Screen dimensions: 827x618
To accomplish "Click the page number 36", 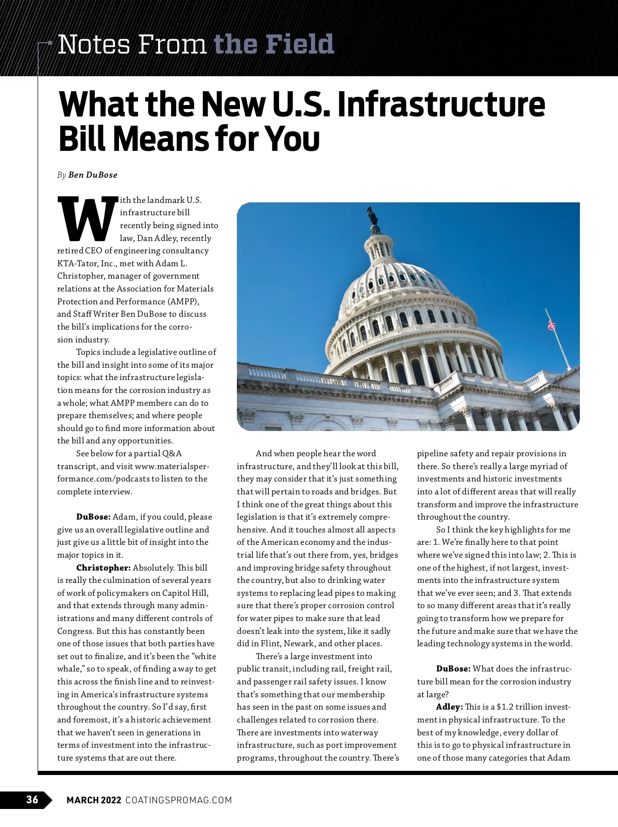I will [x=32, y=800].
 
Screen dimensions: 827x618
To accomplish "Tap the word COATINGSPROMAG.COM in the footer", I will [x=179, y=800].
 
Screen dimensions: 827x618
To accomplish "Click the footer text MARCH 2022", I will [x=94, y=800].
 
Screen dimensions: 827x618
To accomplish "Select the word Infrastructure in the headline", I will [x=441, y=105].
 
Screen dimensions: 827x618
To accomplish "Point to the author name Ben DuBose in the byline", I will [x=93, y=175].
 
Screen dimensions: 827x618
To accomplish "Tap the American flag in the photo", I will [x=552, y=325].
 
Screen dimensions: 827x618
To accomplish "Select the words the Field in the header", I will [x=273, y=45].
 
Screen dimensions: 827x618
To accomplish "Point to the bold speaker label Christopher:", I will [x=104, y=568].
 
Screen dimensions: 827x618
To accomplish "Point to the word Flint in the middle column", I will [x=270, y=644].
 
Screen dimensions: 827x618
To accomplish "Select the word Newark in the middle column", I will [x=299, y=644].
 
